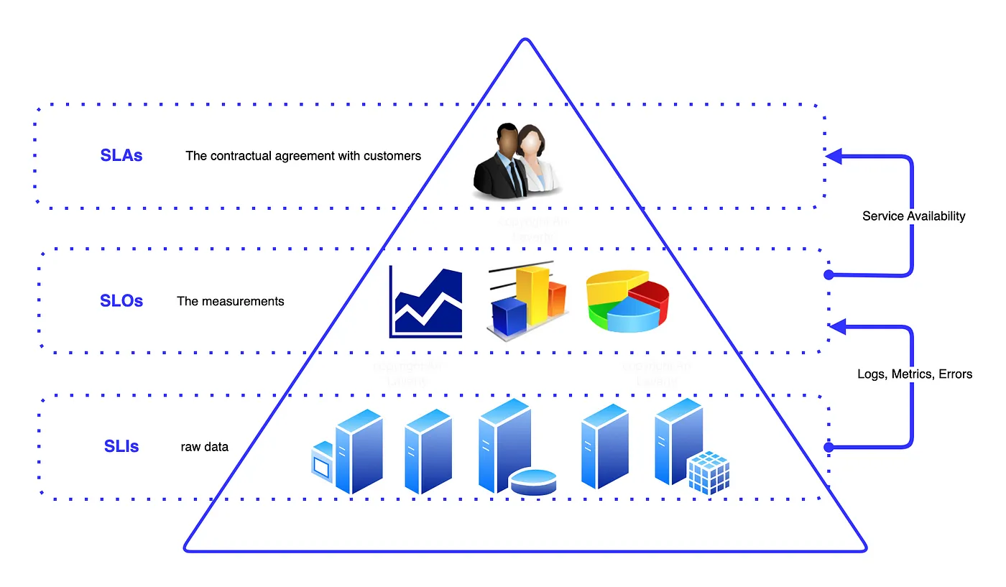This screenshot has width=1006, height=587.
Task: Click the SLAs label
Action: coord(121,155)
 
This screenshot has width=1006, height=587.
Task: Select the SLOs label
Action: coord(121,301)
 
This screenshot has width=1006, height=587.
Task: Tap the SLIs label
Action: coord(121,446)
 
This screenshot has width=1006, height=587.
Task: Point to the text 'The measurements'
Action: coord(231,301)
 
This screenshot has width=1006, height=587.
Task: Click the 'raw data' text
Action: coord(205,447)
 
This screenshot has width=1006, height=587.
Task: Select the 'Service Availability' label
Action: coord(914,216)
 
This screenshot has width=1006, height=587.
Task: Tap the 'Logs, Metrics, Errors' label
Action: coord(915,374)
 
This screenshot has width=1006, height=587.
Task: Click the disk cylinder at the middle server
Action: coord(533,481)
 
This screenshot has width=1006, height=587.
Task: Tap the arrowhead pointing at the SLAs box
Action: coord(833,155)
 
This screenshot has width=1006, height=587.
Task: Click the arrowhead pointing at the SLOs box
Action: coord(836,327)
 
